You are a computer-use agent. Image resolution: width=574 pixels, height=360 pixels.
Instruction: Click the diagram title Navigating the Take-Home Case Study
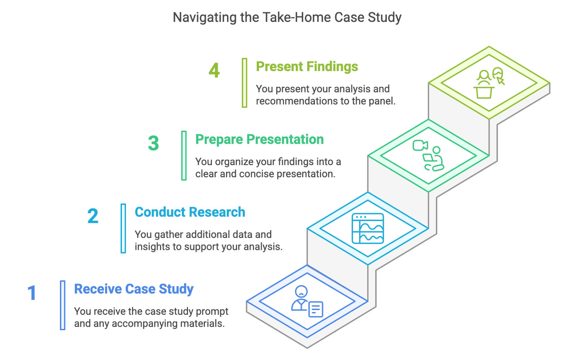click(x=287, y=18)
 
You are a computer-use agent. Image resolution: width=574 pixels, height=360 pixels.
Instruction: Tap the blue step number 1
click(x=32, y=293)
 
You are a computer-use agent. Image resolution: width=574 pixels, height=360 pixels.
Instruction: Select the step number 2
click(x=93, y=216)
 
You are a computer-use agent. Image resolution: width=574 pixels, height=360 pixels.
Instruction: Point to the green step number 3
click(x=154, y=143)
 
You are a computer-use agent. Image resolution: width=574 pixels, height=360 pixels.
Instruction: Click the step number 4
click(x=214, y=70)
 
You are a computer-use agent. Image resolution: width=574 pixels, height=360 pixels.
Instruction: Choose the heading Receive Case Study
click(x=134, y=289)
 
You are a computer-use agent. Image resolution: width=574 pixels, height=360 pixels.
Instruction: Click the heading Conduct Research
click(x=190, y=212)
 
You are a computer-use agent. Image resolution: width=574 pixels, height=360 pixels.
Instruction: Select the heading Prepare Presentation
click(x=260, y=140)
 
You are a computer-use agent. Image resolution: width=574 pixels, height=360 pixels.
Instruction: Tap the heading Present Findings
click(x=307, y=67)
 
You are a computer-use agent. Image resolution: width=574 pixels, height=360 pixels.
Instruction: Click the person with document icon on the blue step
click(x=307, y=301)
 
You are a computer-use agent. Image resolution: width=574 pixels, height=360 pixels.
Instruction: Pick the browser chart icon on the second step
click(x=368, y=228)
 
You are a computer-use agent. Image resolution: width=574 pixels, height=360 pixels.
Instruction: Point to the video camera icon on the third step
click(x=420, y=145)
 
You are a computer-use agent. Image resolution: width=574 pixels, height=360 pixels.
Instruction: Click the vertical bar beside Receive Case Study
click(x=62, y=305)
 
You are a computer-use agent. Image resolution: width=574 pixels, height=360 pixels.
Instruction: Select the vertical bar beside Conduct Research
click(x=123, y=229)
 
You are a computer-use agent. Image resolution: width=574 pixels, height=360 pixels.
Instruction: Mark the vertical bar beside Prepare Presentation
click(x=184, y=156)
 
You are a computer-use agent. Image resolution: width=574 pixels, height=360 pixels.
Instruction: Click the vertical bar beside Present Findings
click(x=244, y=83)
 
